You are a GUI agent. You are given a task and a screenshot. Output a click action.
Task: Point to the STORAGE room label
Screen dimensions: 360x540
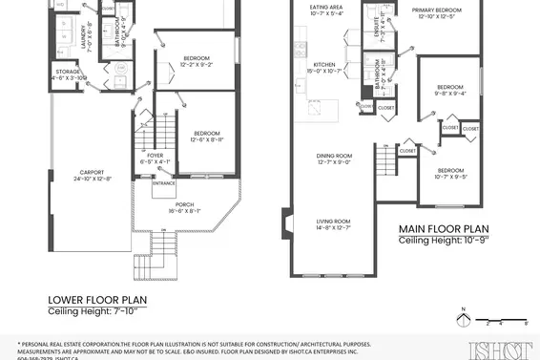67,74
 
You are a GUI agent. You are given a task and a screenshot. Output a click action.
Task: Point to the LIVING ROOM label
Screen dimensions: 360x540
333,224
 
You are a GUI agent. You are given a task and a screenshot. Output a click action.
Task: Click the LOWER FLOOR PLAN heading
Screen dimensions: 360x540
97,299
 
